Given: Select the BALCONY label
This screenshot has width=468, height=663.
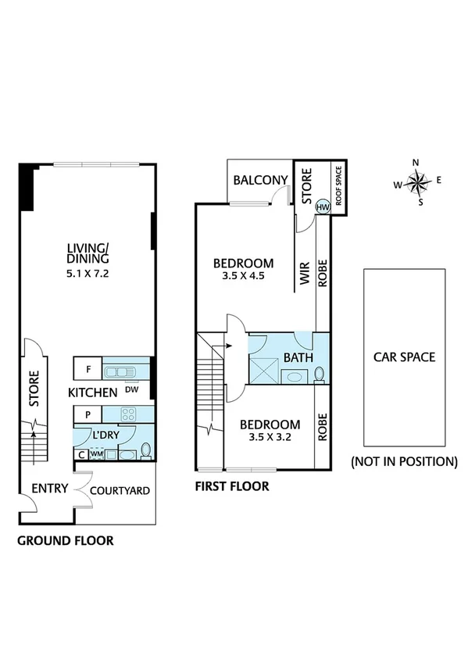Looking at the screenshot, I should pyautogui.click(x=260, y=181).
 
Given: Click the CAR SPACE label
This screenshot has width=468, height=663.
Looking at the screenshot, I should pyautogui.click(x=403, y=357).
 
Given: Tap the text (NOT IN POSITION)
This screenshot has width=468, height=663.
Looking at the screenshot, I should pyautogui.click(x=403, y=461).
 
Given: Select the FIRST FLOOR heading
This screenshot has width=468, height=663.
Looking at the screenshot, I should pyautogui.click(x=232, y=486).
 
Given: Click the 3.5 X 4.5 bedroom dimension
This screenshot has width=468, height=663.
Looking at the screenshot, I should pyautogui.click(x=244, y=275).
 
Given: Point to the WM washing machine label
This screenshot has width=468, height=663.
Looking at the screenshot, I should pyautogui.click(x=97, y=453).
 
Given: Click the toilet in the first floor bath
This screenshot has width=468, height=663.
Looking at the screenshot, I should pyautogui.click(x=319, y=375).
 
